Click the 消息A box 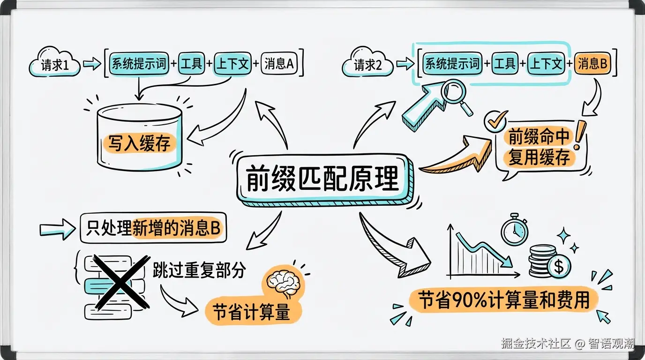[x=278, y=64]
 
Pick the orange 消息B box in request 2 [x=592, y=64]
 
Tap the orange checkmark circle [x=495, y=121]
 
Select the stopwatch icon [x=514, y=230]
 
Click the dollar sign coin [x=558, y=267]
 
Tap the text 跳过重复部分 [x=199, y=270]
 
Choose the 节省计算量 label [x=251, y=311]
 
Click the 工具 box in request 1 [x=191, y=64]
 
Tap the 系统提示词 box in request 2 [x=452, y=64]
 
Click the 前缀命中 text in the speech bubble [x=540, y=138]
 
